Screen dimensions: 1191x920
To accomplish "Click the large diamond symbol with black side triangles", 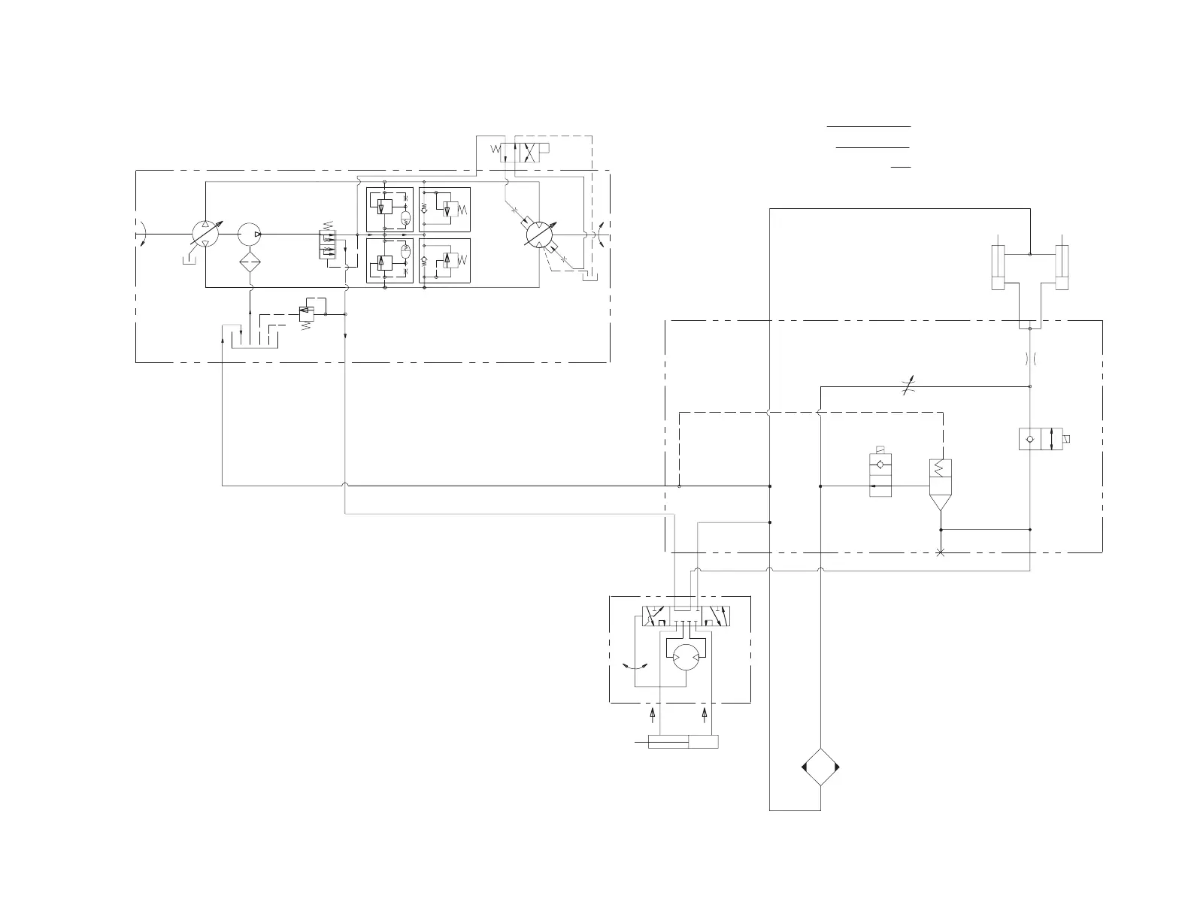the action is point(820,767).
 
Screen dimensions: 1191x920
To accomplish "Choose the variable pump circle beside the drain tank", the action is point(205,234).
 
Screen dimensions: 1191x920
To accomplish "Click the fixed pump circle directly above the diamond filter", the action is point(249,234).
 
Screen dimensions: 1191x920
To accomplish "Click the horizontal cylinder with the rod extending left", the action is point(683,743).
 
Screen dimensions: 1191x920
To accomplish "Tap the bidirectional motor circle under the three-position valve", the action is point(685,656).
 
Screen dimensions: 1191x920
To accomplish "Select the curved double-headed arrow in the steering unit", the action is point(638,666).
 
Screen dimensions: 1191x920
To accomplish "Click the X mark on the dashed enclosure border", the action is point(941,552).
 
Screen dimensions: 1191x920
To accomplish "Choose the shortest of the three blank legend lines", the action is point(901,166).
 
